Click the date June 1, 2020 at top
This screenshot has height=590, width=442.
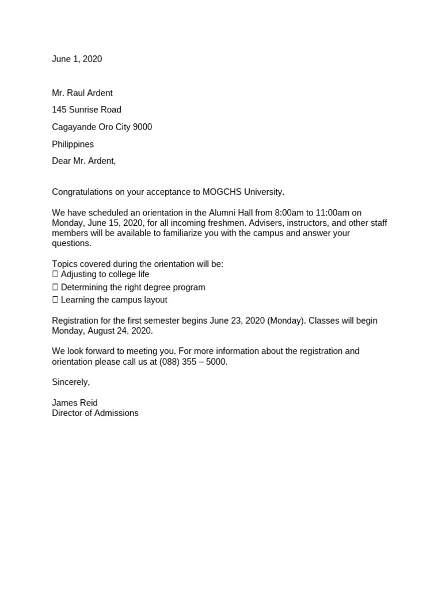[x=77, y=59]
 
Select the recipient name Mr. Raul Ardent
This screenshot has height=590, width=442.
[x=82, y=93]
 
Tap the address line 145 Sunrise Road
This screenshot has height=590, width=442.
[x=86, y=109]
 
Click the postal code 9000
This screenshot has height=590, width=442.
[x=142, y=127]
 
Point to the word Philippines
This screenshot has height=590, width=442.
[x=73, y=144]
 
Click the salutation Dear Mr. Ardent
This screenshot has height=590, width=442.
[x=83, y=161]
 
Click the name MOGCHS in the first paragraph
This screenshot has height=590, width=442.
[x=222, y=191]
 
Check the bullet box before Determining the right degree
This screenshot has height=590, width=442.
[x=55, y=288]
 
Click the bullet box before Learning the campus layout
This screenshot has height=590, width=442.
[x=55, y=300]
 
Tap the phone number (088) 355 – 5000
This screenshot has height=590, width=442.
[x=193, y=362]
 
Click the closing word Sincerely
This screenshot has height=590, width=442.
[x=71, y=382]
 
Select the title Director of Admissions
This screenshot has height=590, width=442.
[x=95, y=413]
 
